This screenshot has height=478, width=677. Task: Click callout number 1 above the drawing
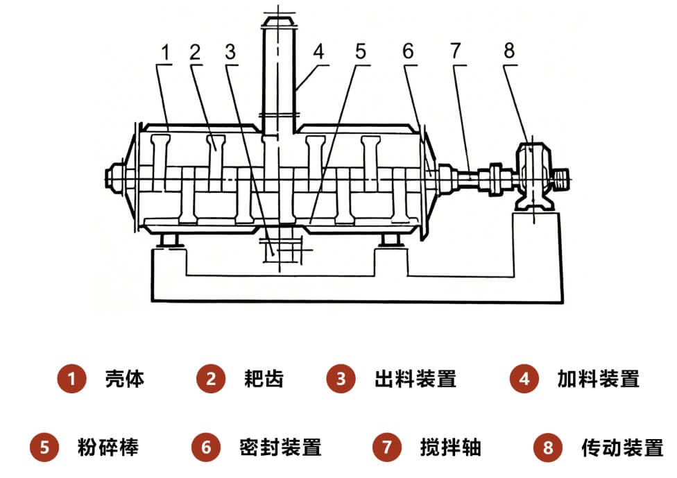point(165,51)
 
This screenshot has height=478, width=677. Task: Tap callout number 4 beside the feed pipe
point(318,51)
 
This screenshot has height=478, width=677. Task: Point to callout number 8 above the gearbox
point(510,51)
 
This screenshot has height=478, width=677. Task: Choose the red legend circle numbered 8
point(548,447)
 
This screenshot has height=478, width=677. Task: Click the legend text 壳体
point(125,379)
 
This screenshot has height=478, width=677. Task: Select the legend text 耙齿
point(264,379)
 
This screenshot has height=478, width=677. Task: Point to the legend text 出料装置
point(415,379)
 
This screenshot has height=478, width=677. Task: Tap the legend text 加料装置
point(598,379)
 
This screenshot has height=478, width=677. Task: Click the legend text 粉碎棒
point(108,447)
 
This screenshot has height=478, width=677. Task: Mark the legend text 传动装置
point(622,447)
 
